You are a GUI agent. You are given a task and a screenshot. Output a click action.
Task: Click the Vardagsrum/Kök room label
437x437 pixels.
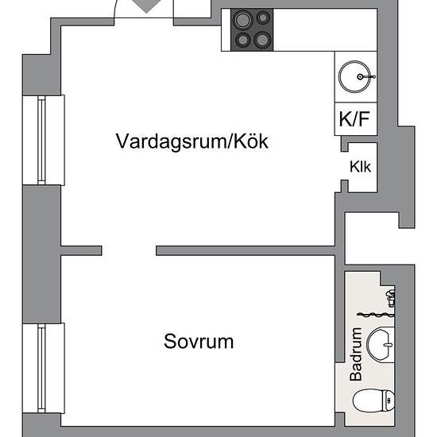tap(192, 141)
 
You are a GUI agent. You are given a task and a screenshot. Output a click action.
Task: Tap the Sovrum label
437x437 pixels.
tap(199, 341)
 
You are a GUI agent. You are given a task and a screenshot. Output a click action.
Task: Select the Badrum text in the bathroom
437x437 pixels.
tap(356, 354)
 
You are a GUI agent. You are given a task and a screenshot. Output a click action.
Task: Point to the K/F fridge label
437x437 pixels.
tap(354, 118)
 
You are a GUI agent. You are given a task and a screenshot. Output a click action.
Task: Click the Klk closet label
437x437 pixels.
tap(360, 167)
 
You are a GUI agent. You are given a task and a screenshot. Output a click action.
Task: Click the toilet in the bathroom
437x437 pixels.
tap(373, 400)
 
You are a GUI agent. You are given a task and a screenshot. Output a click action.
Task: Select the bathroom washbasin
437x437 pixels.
tap(381, 344)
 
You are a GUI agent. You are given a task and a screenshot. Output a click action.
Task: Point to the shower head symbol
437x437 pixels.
tap(390, 298)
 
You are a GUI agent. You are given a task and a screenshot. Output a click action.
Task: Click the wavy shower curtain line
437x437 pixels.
tap(376, 315)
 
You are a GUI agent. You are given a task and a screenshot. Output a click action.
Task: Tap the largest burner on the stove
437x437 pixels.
tap(243, 20)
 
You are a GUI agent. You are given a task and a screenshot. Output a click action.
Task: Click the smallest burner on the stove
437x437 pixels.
tap(262, 17)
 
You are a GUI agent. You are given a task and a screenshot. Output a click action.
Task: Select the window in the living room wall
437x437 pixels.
tap(41, 140)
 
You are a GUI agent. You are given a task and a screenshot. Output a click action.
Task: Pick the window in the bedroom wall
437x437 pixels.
tap(41, 368)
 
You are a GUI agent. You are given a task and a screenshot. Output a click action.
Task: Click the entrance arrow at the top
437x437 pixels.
tap(147, 6)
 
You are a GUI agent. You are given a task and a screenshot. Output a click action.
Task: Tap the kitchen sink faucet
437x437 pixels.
tap(366, 76)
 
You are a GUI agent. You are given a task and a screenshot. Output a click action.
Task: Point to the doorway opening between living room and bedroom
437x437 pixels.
tap(129, 250)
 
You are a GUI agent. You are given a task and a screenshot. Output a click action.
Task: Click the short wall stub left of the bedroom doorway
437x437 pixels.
tap(81, 250)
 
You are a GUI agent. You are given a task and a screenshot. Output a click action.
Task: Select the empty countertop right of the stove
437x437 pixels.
tap(325, 29)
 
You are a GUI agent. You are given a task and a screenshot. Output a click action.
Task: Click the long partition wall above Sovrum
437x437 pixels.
tap(246, 250)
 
